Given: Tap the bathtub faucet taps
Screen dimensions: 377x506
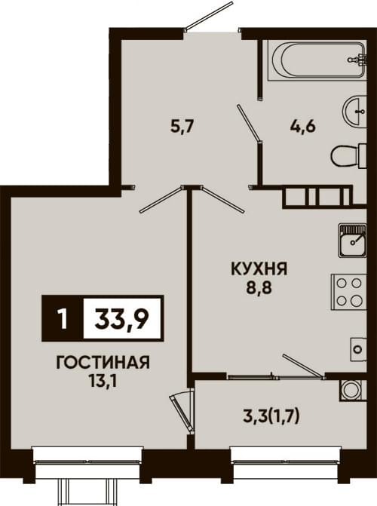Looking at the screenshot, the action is click(358, 60).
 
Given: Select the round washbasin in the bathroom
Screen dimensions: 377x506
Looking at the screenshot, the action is click(354, 112).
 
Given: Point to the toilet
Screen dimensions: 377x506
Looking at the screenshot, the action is click(348, 157).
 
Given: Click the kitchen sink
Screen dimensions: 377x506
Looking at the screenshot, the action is click(352, 240).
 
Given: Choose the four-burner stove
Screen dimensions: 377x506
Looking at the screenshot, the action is click(349, 292).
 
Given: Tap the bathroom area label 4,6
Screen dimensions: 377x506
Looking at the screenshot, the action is click(302, 126).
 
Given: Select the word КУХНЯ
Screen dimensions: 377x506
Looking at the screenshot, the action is click(259, 269).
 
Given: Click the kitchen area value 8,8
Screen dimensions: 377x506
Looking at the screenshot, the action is click(259, 288).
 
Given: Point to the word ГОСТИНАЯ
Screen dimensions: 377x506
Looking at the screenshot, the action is click(103, 363).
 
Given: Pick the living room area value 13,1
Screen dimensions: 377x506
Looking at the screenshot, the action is click(103, 382).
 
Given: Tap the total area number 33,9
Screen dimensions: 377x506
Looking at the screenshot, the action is click(121, 319).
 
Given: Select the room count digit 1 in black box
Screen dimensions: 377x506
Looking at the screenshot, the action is click(63, 319).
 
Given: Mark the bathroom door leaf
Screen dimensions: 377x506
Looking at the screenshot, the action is click(249, 124).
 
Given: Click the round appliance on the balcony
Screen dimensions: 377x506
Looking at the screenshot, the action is click(352, 390).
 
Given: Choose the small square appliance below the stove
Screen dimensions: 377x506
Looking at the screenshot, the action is click(358, 349).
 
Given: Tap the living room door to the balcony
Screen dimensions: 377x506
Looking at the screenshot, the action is click(182, 412).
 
